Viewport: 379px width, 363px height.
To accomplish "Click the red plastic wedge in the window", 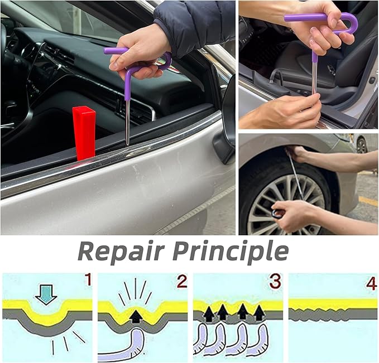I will pyautogui.click(x=84, y=133).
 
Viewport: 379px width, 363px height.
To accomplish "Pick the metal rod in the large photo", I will pyautogui.click(x=128, y=120).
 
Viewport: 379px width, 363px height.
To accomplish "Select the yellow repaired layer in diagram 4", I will pyautogui.click(x=333, y=304).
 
